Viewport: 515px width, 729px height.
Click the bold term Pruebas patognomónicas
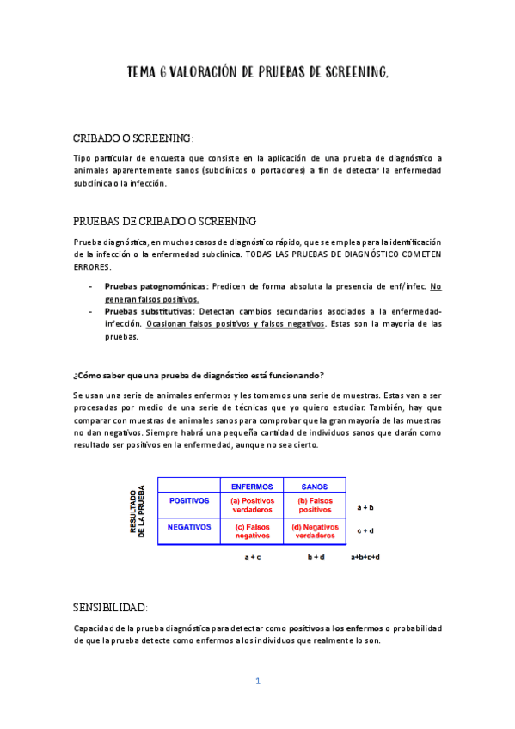click(156, 285)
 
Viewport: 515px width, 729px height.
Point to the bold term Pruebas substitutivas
click(150, 311)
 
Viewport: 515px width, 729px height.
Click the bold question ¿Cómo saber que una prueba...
click(199, 375)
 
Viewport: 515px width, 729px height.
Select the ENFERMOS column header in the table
click(252, 487)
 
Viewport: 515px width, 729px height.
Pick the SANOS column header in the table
click(315, 487)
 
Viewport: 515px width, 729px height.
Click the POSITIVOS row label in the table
click(189, 499)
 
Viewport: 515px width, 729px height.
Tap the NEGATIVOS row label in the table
click(189, 527)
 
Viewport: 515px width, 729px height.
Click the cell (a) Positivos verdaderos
click(252, 505)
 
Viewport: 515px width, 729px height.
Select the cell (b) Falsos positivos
click(315, 505)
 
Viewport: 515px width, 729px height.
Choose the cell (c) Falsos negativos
click(252, 531)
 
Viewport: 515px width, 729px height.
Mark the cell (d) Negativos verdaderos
click(315, 531)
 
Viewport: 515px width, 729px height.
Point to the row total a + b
click(365, 508)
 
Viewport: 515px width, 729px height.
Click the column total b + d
click(316, 557)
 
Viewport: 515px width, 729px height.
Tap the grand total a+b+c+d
click(365, 557)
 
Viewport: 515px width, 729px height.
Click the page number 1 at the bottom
click(257, 682)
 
